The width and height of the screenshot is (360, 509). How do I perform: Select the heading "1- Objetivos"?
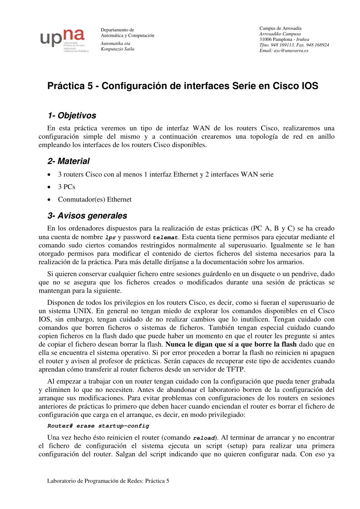(x=72, y=116)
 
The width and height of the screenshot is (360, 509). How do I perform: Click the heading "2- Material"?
(x=69, y=161)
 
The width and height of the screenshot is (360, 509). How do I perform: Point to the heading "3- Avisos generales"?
(x=87, y=215)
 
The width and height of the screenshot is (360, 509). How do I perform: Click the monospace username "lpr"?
(x=110, y=237)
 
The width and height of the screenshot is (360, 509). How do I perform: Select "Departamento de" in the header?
(x=117, y=30)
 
